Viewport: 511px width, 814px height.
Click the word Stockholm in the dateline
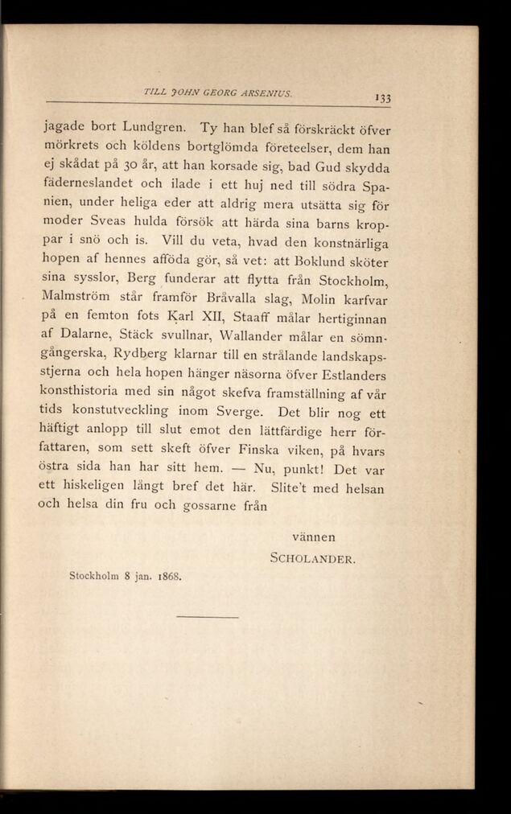click(95, 576)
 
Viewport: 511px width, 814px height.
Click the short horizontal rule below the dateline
click(207, 617)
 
